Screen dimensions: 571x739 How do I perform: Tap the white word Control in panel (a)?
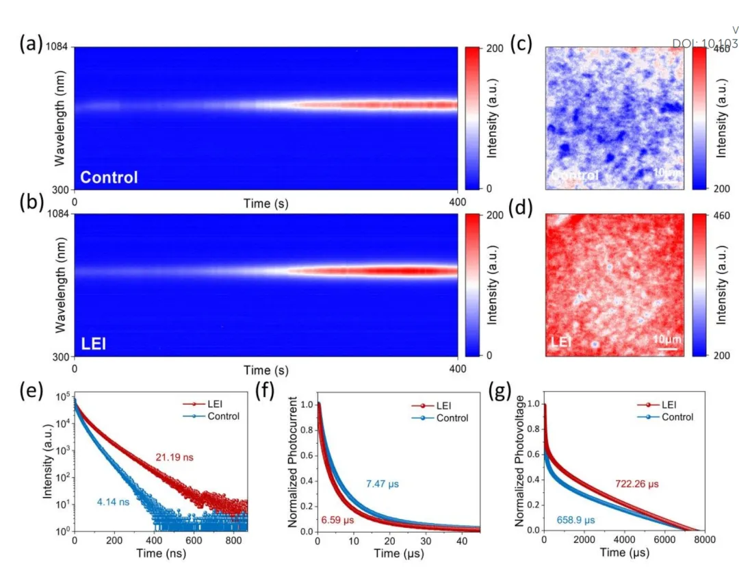click(x=109, y=177)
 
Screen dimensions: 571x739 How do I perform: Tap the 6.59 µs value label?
click(x=340, y=520)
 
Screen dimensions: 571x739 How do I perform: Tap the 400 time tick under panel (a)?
click(x=456, y=202)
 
